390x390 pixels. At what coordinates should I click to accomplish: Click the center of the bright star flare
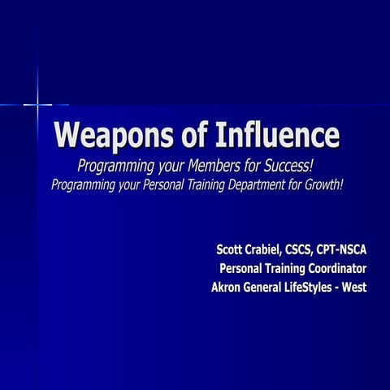(37, 104)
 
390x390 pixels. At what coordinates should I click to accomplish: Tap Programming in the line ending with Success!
(110, 166)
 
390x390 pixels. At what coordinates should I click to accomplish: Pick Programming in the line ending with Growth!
(85, 184)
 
